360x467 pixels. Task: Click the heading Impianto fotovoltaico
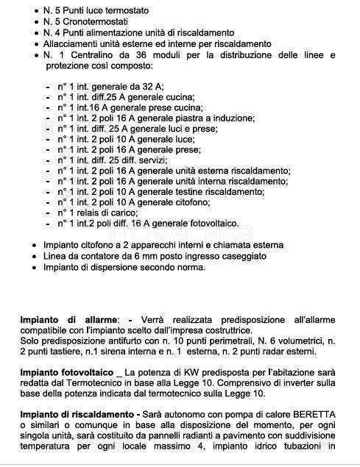68,374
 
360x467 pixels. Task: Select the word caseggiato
242,255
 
